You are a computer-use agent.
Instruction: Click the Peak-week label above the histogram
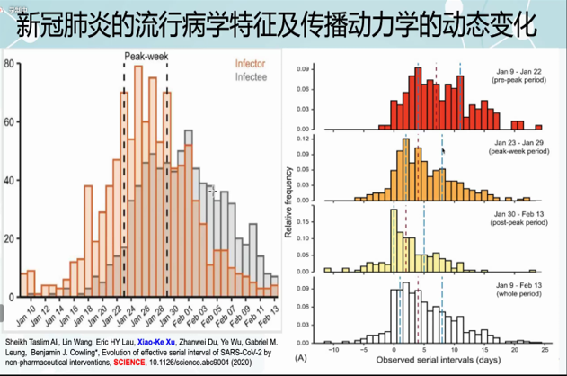[146, 56]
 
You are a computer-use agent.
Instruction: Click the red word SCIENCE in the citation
[142, 365]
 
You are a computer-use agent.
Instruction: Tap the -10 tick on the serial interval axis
[333, 349]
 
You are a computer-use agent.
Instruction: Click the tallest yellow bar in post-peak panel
[393, 241]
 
